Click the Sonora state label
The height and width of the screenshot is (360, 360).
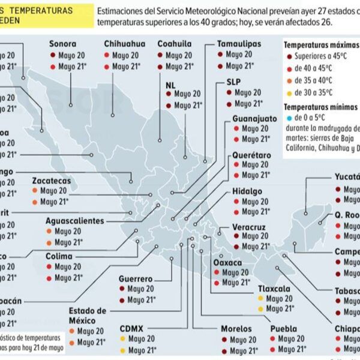pyautogui.click(x=63, y=44)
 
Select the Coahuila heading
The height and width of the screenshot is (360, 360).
pyautogui.click(x=175, y=44)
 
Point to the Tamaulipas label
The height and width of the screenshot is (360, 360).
pyautogui.click(x=239, y=44)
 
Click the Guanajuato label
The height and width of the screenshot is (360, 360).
pyautogui.click(x=254, y=119)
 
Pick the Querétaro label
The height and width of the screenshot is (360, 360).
pyautogui.click(x=252, y=155)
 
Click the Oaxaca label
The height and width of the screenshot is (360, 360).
pyautogui.click(x=228, y=263)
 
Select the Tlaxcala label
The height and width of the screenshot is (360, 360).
pyautogui.click(x=274, y=289)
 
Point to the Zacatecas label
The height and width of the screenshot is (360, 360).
pyautogui.click(x=52, y=181)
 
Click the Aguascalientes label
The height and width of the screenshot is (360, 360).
pyautogui.click(x=75, y=221)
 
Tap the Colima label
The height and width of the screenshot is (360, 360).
pyautogui.click(x=59, y=256)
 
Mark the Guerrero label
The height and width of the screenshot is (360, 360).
pyautogui.click(x=136, y=279)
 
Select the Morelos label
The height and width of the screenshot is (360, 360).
pyautogui.click(x=236, y=329)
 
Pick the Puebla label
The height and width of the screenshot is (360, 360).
pyautogui.click(x=283, y=329)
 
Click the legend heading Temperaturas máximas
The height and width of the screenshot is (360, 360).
pyautogui.click(x=318, y=45)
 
